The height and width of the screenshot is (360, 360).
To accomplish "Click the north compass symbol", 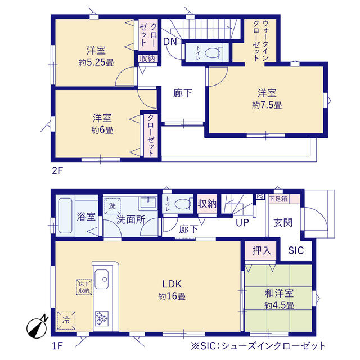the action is coord(37,326).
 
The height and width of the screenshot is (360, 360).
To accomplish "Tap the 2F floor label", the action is coord(57,170).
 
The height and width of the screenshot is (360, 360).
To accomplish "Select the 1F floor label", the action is coord(57,345).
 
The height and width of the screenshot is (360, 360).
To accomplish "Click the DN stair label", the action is coord(170,42).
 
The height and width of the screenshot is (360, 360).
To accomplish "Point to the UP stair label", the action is coord(242,223).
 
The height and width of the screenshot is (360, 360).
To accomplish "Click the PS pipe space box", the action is coord(260,196).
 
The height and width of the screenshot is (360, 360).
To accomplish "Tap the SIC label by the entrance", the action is coord(296,250).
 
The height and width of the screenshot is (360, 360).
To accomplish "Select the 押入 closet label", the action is coord(262,250).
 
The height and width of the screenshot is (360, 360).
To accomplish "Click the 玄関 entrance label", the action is coord(283,223).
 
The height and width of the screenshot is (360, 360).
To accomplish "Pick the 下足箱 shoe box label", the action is coord(278,199).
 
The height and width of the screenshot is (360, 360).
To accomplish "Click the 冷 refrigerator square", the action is coord(66,320).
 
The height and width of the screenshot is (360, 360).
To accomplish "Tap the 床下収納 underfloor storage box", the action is coord(84,287).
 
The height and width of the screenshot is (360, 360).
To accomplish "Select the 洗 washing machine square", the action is coord(112,206).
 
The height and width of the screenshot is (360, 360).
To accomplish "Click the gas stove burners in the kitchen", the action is coord(102,318).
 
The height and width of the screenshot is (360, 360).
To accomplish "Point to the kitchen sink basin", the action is coord(101,279).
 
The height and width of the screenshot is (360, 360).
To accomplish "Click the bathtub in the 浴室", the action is coord(65,216).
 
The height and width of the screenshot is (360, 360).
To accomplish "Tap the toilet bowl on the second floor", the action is coord(213,53).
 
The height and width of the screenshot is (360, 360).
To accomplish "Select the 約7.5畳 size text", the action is coord(267,105).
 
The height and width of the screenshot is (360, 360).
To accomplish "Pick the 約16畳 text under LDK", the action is coord(172,296).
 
